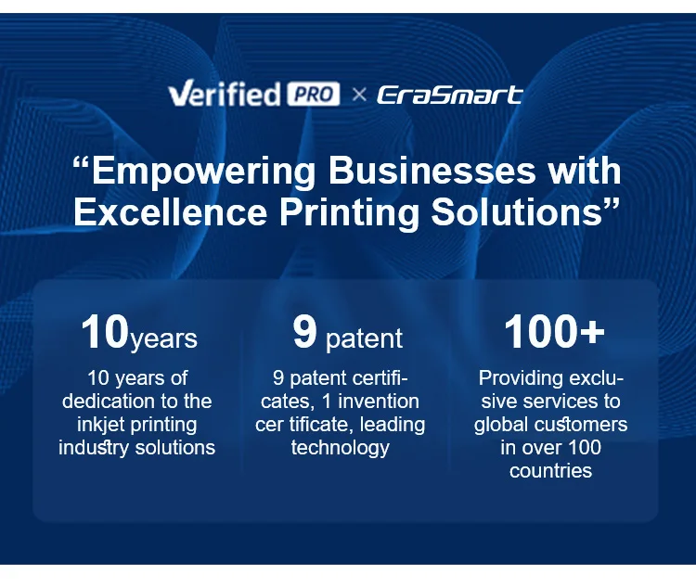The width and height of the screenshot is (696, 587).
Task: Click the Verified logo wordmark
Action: [225, 93]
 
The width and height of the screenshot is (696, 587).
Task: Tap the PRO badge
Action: [314, 94]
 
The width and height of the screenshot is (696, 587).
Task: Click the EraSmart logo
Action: [450, 95]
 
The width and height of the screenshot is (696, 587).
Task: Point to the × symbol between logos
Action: [359, 95]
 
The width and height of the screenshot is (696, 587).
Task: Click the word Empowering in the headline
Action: [203, 172]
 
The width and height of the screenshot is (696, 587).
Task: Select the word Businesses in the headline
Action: [432, 171]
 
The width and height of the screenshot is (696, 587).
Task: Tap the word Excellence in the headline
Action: [171, 212]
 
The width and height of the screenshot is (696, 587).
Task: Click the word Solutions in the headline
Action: [516, 212]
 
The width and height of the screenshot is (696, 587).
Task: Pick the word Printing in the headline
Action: [349, 214]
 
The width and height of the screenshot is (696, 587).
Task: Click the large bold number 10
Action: [105, 332]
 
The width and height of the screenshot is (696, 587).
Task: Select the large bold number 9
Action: [305, 332]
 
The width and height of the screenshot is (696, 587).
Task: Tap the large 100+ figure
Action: [554, 332]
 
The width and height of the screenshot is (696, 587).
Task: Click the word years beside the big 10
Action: [163, 339]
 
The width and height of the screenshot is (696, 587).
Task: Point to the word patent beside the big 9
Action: [364, 339]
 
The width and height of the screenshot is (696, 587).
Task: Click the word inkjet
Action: [101, 425]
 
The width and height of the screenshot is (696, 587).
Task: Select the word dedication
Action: [108, 402]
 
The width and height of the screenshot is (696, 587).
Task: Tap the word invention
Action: [379, 402]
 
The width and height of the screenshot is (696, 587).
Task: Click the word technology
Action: [341, 448]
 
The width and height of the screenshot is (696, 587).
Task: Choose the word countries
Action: [551, 471]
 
